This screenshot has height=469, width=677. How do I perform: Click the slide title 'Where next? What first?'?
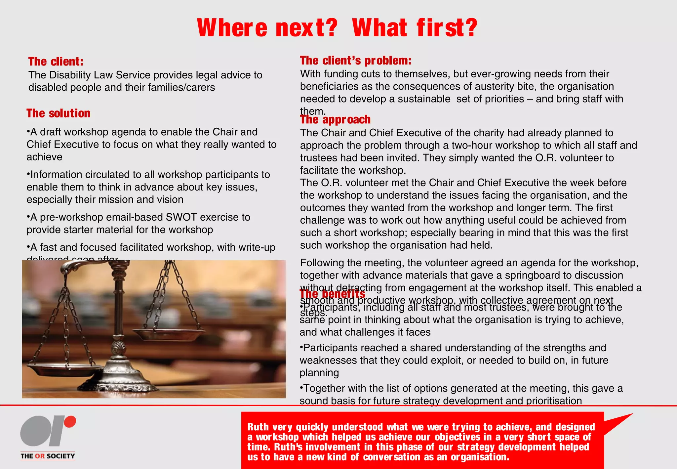337,28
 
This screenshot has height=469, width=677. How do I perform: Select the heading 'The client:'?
56,62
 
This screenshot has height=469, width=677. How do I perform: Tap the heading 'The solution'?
59,113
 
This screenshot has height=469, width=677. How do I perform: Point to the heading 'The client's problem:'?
356,61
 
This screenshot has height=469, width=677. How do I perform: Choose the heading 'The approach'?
335,120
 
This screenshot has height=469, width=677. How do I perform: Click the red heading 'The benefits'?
332,294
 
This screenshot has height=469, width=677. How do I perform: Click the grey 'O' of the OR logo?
35,431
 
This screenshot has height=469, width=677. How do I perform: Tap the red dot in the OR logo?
70,422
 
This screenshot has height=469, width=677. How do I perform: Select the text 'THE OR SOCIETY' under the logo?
48,456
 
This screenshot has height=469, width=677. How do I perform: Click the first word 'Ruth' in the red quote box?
258,427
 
